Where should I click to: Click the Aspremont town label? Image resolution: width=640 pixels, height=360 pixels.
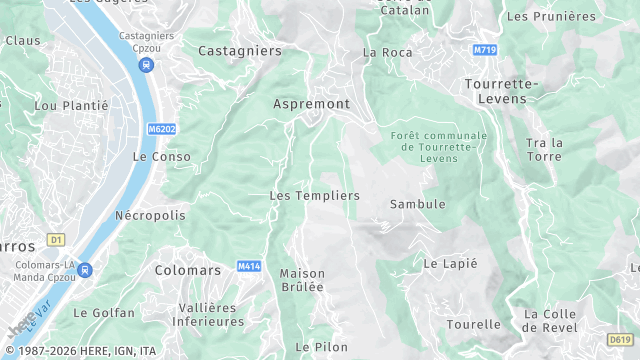click(x=311, y=103)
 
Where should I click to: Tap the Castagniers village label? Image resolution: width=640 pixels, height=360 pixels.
click(x=240, y=50)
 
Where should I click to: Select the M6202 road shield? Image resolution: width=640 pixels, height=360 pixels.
click(x=162, y=129)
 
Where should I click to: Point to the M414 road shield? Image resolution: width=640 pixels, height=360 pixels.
click(x=249, y=266)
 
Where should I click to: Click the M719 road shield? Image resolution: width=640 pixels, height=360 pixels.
click(x=485, y=49)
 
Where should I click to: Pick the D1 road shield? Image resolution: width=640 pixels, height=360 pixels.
click(x=56, y=240)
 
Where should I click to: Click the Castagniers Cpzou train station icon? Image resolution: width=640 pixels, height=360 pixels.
click(x=147, y=66)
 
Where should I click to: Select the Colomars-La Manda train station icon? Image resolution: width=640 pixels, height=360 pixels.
click(x=85, y=270)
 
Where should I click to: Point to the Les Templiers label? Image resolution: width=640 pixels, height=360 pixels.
click(x=314, y=196)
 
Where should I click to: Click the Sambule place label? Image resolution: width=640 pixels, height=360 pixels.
click(x=417, y=204)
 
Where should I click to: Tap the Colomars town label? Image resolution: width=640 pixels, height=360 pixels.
click(x=188, y=270)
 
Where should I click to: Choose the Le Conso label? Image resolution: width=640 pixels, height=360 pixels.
click(x=161, y=157)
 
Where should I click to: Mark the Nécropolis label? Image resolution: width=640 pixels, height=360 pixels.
click(x=150, y=215)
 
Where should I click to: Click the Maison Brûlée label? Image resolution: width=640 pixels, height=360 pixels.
click(x=302, y=280)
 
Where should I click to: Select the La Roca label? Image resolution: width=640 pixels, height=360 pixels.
click(x=387, y=52)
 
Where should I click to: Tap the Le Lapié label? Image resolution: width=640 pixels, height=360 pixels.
click(x=450, y=264)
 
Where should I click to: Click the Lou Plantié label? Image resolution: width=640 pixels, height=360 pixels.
click(x=62, y=105)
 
